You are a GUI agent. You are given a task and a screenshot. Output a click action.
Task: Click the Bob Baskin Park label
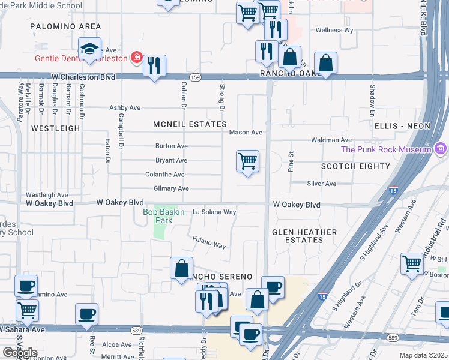pos(158,216)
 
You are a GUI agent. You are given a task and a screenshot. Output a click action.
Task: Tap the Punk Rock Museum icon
pos(441,148)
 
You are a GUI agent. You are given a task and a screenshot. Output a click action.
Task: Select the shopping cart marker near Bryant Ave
pos(247,161)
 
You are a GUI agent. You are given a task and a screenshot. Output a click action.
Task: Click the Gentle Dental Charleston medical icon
pos(137,58)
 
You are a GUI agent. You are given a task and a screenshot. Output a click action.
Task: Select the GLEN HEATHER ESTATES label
pos(304,236)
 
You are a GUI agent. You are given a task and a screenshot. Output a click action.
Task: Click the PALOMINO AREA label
pos(66,26)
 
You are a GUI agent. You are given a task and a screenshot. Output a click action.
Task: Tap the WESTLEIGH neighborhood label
pos(55,128)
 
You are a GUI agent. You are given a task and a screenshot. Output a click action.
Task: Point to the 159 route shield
pos(196,77)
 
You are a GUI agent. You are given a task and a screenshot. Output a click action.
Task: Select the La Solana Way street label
pos(214,212)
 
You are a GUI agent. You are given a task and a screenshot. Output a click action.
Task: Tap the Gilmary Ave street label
pos(171,188)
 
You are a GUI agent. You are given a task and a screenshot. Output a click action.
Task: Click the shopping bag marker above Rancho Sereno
pos(181,268)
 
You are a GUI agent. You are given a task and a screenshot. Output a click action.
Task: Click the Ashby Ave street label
pos(124,107)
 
